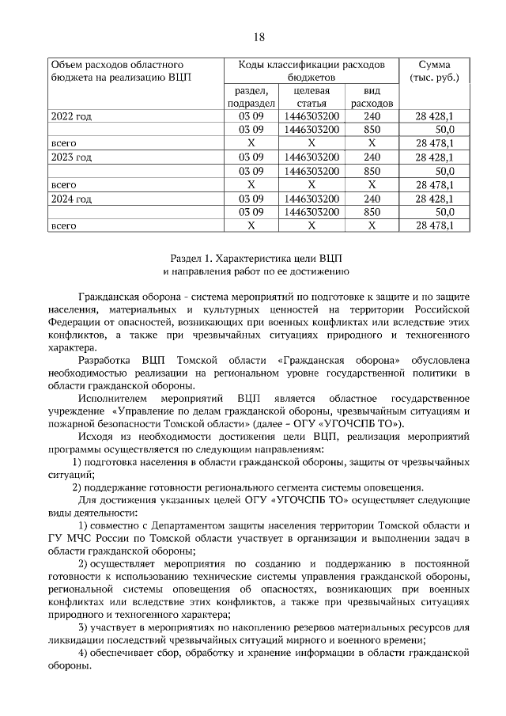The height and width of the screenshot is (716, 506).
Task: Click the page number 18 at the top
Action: (259, 36)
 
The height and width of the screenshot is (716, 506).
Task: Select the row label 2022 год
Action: (71, 116)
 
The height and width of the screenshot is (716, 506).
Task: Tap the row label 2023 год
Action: (71, 157)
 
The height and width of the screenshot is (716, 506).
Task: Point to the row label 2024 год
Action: (71, 198)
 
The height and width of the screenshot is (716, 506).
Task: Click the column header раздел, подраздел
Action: (251, 97)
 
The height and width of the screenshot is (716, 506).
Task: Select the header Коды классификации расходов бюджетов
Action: (312, 70)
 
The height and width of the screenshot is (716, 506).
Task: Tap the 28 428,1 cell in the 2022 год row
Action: (434, 116)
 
